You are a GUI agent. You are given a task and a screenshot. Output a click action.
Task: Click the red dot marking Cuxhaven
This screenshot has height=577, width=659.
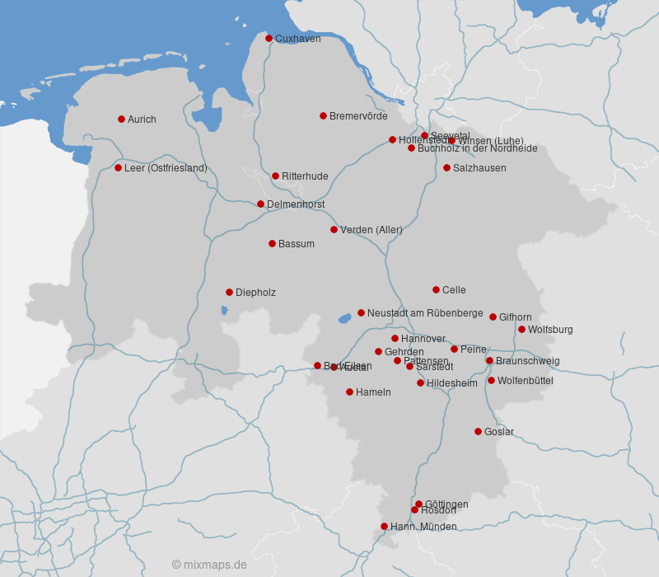pos(269,38)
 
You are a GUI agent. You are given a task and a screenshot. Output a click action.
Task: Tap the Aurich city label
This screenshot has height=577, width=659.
pos(142,120)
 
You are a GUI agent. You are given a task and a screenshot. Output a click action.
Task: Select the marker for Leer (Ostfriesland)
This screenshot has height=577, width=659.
pos(118,167)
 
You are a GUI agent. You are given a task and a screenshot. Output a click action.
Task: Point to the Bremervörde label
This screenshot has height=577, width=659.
pos(358,116)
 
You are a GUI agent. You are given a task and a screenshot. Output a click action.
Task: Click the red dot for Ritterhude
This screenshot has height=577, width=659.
pos(275,176)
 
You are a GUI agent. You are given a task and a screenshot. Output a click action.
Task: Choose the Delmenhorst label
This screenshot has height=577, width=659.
pos(296,204)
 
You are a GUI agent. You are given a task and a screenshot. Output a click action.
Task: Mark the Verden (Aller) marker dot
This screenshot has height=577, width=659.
pos(334,229)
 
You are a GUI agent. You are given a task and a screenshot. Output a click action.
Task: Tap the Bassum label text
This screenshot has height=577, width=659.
pos(297,244)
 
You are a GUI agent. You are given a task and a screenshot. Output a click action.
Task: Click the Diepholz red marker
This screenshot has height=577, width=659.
pos(229,292)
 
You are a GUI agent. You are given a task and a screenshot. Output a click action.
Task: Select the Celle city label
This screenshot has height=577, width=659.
pos(454,290)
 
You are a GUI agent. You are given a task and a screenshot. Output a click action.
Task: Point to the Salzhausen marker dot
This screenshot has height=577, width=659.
pos(446,167)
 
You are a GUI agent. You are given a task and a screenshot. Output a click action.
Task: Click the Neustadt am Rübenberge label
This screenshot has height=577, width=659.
pos(425,313)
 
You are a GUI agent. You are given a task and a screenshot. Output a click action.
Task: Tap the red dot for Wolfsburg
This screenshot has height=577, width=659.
pos(521,329)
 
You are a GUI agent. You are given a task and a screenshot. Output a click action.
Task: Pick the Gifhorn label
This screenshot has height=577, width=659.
pos(516,317)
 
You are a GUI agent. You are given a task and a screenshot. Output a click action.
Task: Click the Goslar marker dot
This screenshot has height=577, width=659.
pos(478,431)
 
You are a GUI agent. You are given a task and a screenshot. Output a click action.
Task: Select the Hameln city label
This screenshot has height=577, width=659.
pos(373,392)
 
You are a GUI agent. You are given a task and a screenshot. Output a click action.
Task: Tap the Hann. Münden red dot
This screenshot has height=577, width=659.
pos(384,526)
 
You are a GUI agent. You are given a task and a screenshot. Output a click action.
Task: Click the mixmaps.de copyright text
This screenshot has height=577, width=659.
pos(209,565)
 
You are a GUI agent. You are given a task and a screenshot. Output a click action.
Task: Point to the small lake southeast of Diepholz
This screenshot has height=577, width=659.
pos(224,311)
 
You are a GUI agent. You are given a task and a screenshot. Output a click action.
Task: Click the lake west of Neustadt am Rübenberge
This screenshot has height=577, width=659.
pos(345,318)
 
